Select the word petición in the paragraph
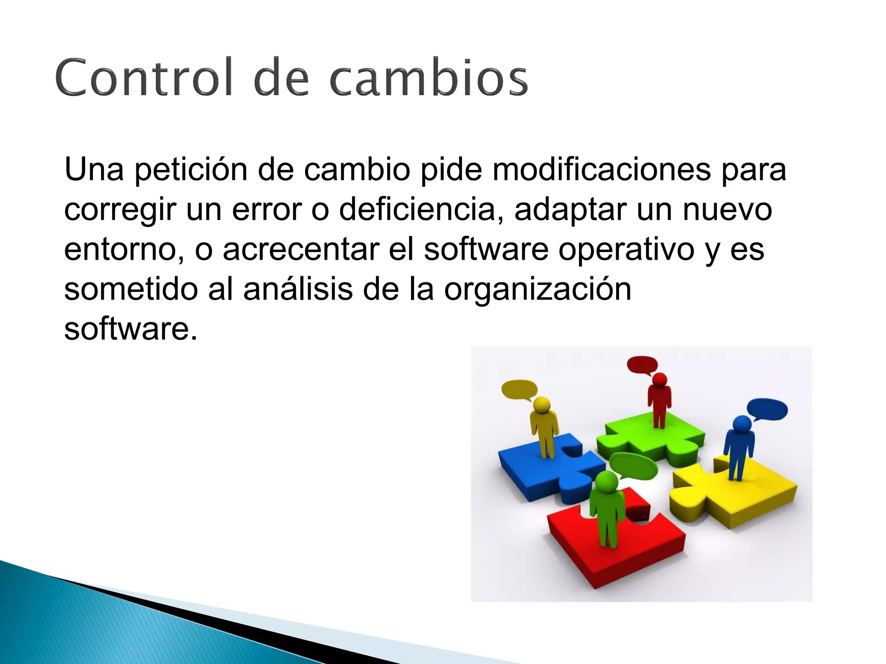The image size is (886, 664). click(x=191, y=170)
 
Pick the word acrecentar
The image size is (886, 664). click(x=301, y=249)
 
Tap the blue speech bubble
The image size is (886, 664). click(x=767, y=409)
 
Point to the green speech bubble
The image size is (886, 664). click(x=634, y=466)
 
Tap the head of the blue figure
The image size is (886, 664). click(x=742, y=425)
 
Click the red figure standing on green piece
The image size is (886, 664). click(x=659, y=400)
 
